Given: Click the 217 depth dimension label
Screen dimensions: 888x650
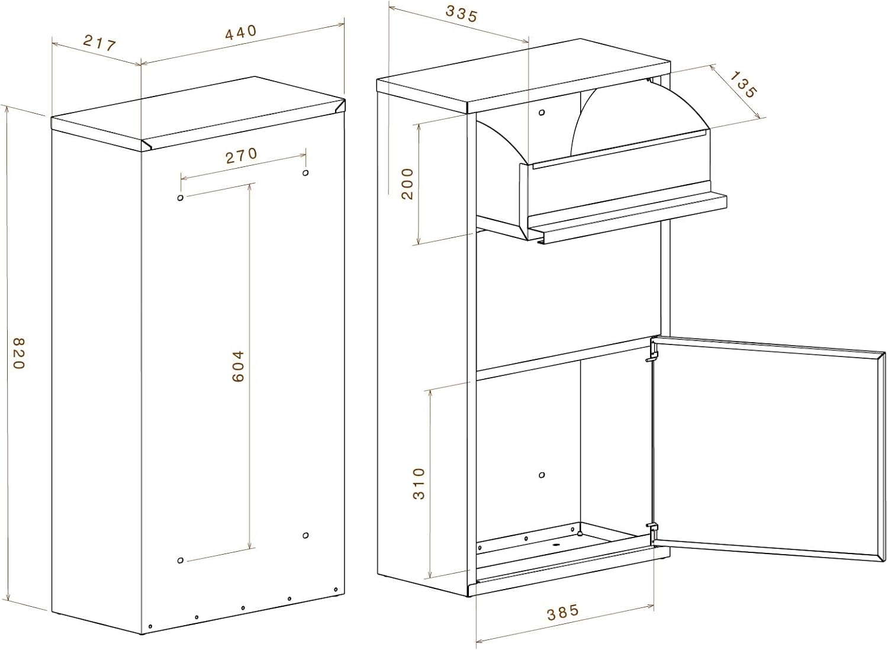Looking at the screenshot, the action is [x=99, y=43].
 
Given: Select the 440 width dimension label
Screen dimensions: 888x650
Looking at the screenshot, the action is [x=241, y=33].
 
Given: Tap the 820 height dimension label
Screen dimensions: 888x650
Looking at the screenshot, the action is [x=19, y=353].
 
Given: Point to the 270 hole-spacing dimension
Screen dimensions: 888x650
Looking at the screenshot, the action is [x=242, y=156].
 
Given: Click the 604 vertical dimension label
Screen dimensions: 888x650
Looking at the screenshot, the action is [x=238, y=366].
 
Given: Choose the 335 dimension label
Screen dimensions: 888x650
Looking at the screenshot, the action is [x=462, y=14].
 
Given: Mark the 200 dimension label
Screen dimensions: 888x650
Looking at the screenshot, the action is [x=407, y=184].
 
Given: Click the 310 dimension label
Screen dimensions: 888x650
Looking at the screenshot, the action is [x=419, y=484].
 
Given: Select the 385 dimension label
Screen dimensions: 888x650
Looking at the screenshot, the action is [x=563, y=612].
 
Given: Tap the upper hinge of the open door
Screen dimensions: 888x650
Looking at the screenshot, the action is [x=652, y=352].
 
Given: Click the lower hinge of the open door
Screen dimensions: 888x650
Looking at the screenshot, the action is [x=652, y=530].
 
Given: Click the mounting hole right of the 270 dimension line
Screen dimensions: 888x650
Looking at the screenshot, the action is [x=305, y=172].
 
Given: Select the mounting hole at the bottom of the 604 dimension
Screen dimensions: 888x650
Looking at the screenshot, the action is [x=181, y=560].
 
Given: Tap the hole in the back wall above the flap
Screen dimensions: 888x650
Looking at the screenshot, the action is [x=542, y=112].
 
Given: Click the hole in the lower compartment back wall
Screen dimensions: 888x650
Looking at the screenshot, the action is [x=542, y=475].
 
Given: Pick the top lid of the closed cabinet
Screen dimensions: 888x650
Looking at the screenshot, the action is [x=198, y=113].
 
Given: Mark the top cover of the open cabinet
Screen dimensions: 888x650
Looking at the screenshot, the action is [x=523, y=75].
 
